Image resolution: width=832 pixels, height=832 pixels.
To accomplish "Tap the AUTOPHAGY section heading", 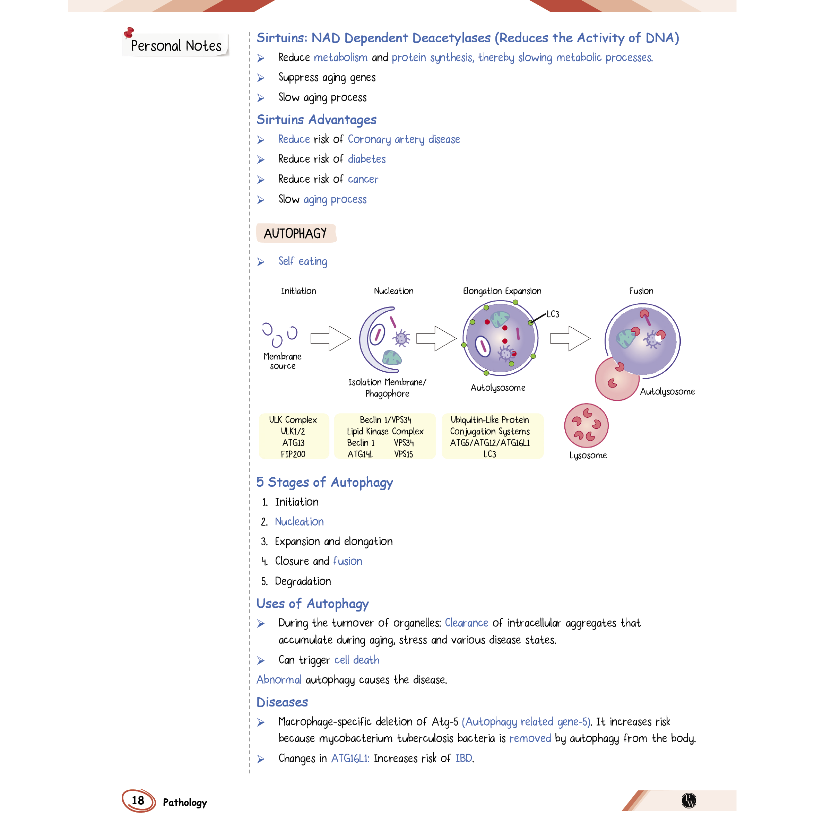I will [295, 233].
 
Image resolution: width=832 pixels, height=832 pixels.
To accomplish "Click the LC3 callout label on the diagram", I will [553, 314].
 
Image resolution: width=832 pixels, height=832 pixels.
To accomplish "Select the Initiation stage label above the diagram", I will [298, 291].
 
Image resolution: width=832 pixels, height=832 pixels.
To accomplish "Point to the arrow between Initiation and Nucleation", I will [330, 338].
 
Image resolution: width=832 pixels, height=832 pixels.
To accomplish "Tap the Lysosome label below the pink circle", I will [588, 455].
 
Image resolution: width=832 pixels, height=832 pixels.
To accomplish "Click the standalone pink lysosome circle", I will [586, 425].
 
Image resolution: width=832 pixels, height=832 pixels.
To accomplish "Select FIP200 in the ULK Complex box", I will [293, 454].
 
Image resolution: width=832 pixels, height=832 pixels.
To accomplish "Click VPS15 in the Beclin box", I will [404, 454].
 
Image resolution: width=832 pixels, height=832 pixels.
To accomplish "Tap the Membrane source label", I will [283, 361].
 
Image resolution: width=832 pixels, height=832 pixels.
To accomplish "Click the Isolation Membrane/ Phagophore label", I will [387, 388].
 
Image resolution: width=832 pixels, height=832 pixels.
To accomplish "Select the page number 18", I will [138, 800].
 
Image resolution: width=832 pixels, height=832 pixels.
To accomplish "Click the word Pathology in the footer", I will [185, 802].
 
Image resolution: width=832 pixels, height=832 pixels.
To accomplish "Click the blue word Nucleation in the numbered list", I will [299, 521].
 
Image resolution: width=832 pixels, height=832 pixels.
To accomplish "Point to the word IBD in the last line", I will [463, 759].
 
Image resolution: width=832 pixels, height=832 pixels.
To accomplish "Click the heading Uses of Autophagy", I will [312, 604].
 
